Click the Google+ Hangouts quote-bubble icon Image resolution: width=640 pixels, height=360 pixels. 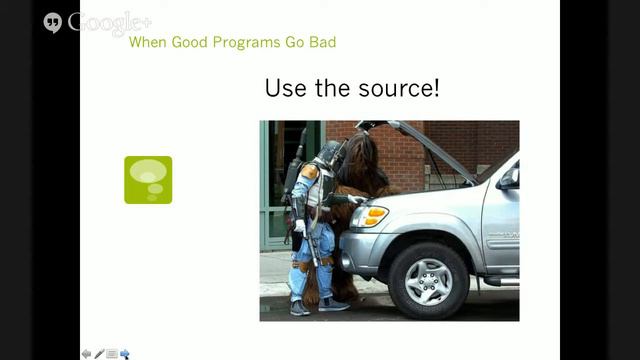click(53, 22)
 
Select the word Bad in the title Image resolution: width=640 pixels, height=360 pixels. click(322, 42)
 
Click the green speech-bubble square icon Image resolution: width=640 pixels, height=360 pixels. click(148, 180)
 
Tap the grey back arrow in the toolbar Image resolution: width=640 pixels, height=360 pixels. click(87, 353)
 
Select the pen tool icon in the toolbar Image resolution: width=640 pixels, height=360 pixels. click(99, 353)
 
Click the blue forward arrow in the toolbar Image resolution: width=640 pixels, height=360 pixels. click(124, 353)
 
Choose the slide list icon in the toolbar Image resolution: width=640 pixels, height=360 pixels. click(112, 353)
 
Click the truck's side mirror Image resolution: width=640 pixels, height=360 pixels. click(509, 179)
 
